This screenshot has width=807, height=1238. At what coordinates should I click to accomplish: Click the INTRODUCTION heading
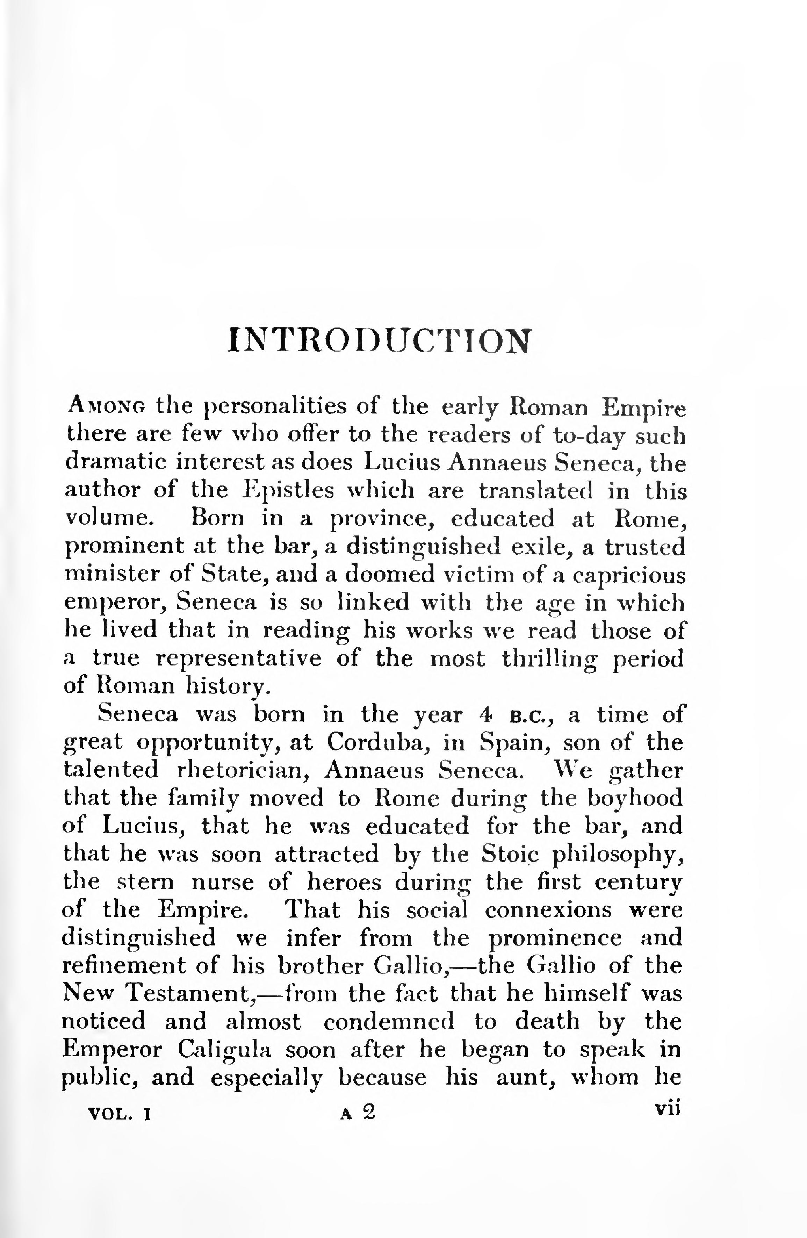pyautogui.click(x=380, y=342)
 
